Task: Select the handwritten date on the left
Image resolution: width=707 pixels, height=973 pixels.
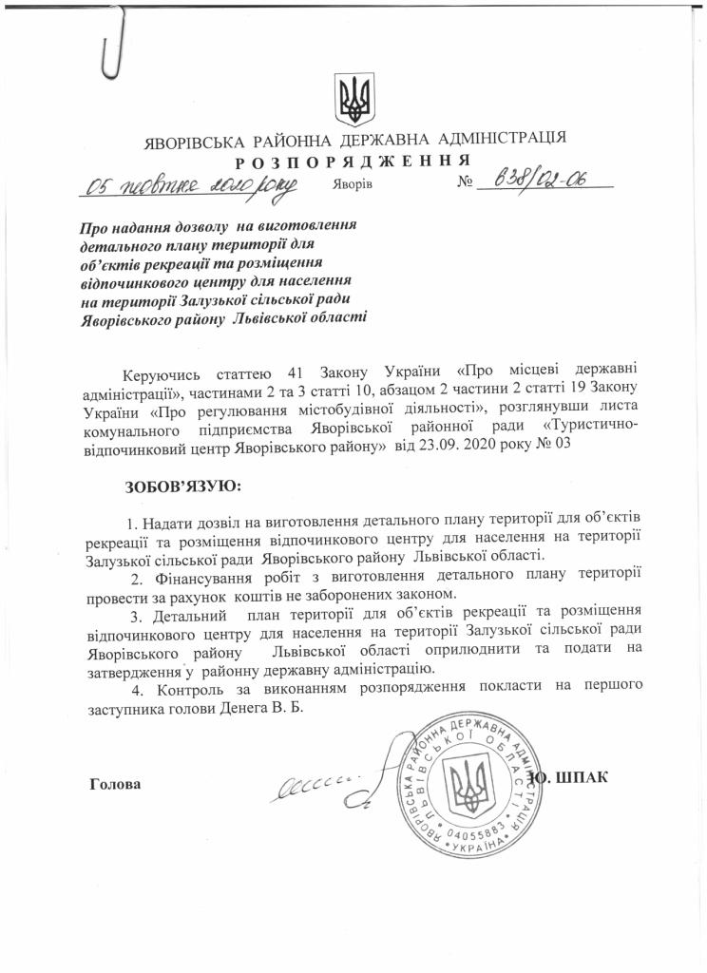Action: (190, 184)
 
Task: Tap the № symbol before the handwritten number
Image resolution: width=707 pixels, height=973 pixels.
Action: (466, 181)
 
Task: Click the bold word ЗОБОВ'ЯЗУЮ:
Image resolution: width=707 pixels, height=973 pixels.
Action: (183, 487)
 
